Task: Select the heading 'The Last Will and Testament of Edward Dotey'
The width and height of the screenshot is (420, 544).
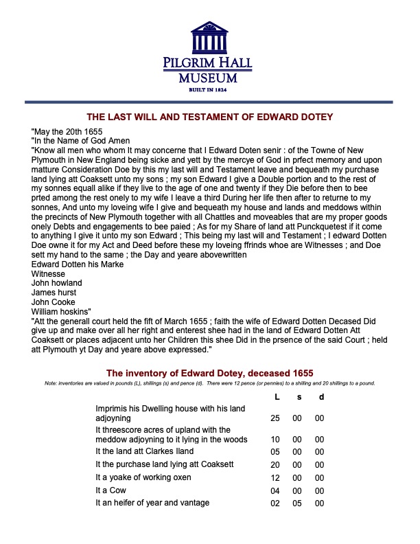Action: click(209, 117)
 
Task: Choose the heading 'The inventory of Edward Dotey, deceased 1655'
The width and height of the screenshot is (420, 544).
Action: click(209, 372)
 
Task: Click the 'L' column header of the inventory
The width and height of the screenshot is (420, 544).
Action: click(277, 396)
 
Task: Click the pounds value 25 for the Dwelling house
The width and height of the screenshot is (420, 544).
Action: click(277, 418)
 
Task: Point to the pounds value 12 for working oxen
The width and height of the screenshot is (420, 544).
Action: click(277, 477)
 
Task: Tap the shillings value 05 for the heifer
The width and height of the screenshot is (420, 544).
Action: click(299, 503)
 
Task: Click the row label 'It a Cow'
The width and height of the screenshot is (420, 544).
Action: click(113, 490)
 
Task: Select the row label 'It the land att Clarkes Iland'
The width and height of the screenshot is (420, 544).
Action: click(144, 451)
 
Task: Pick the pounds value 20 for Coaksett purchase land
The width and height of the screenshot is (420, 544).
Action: click(277, 464)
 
